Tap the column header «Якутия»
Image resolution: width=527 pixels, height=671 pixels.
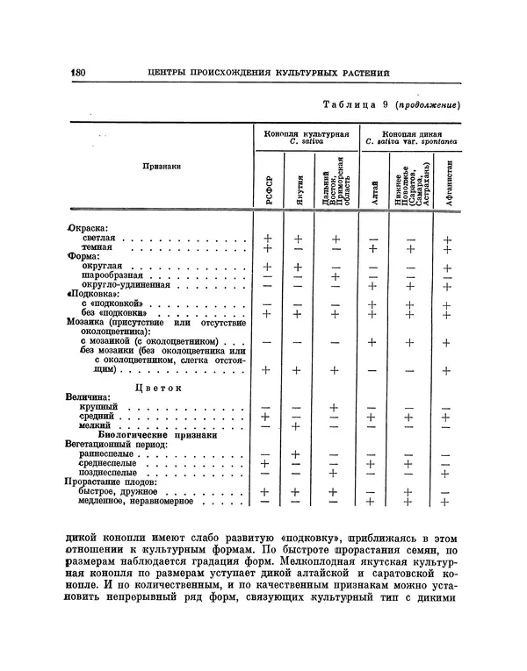click(299, 187)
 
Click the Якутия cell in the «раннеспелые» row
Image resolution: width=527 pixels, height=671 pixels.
click(299, 454)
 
